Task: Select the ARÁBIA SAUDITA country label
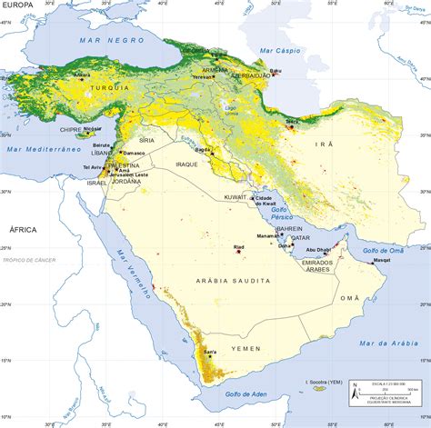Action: point(226,283)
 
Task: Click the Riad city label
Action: point(239,246)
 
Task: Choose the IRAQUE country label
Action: point(186,164)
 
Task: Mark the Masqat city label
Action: point(382,261)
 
